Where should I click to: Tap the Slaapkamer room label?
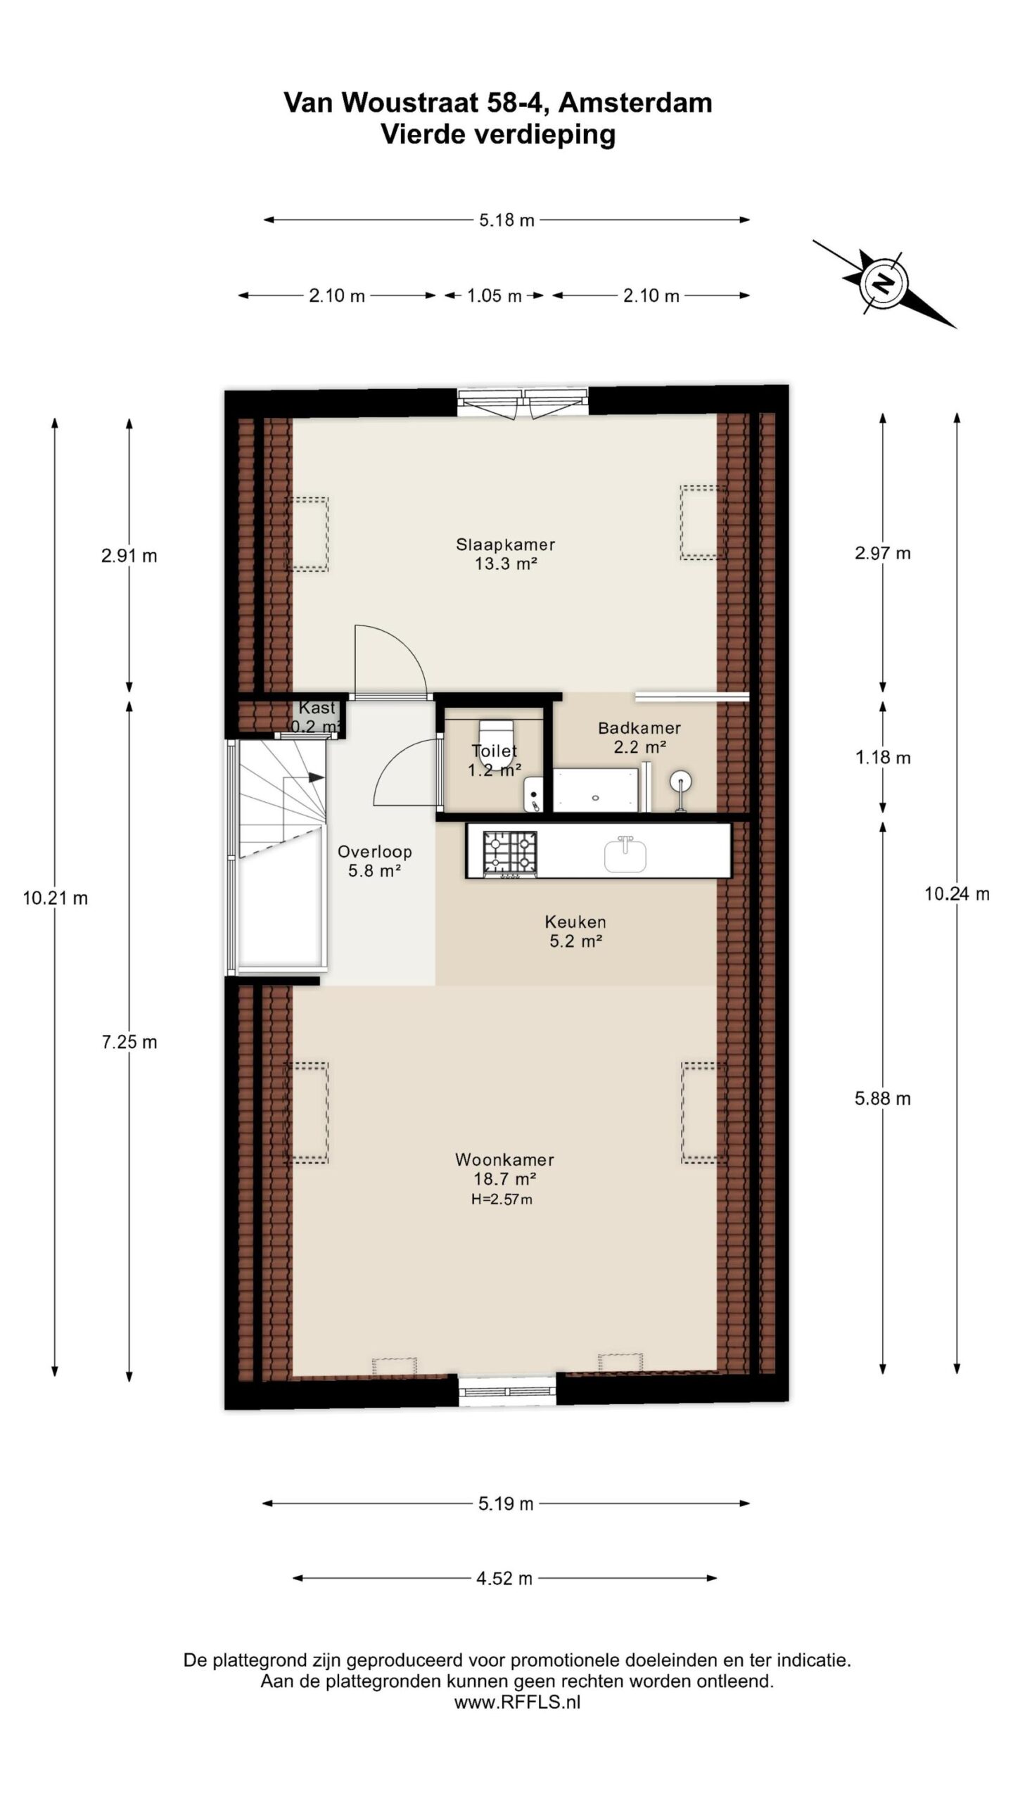tap(505, 545)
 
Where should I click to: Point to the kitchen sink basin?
tap(625, 855)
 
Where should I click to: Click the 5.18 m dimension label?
tap(507, 220)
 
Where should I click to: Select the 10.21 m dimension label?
tap(55, 898)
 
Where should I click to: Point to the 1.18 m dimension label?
tap(883, 758)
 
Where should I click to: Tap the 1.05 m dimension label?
tap(494, 296)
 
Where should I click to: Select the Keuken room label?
tap(575, 922)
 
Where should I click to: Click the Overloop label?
tap(374, 852)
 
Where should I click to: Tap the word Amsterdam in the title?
tap(636, 103)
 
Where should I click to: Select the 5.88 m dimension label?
tap(883, 1099)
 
